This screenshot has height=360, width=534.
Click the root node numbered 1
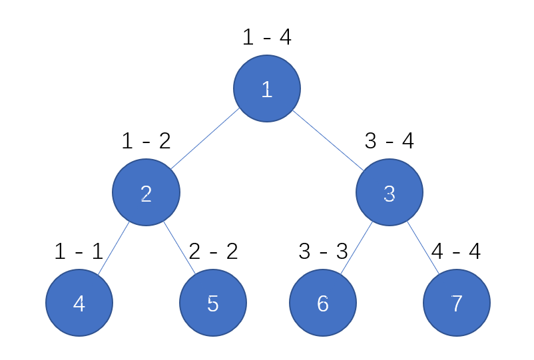(x=267, y=89)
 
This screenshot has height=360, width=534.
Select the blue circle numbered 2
(x=146, y=192)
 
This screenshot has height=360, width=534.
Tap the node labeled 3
(x=390, y=192)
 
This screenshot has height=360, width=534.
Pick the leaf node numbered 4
(x=79, y=303)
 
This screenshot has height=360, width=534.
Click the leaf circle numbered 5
(x=213, y=303)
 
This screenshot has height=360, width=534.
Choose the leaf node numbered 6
(x=323, y=303)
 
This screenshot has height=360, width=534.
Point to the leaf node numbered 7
(x=457, y=303)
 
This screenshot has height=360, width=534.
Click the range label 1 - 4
(x=267, y=37)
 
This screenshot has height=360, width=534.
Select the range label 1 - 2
(x=146, y=141)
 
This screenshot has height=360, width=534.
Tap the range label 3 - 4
(x=390, y=141)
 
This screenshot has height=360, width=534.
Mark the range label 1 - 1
(x=79, y=252)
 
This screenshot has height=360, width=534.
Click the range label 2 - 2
(x=213, y=252)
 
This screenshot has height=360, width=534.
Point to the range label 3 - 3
(x=323, y=252)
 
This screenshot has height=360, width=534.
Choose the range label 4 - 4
(x=456, y=252)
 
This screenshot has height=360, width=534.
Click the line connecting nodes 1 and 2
(x=205, y=138)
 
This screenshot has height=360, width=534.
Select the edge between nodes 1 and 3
(x=328, y=140)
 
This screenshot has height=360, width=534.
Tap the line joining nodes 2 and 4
(x=113, y=248)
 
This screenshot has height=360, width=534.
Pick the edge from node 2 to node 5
(x=180, y=248)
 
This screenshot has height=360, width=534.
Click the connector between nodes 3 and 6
(x=357, y=248)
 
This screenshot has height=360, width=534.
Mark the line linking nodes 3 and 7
(x=423, y=248)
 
